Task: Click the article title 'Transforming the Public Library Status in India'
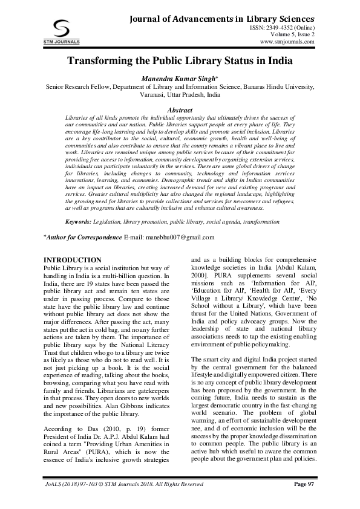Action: point(180,61)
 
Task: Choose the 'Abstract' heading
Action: point(180,110)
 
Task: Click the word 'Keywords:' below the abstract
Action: point(78,206)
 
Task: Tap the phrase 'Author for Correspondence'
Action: point(85,220)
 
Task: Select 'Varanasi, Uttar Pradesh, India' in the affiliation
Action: point(180,95)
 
